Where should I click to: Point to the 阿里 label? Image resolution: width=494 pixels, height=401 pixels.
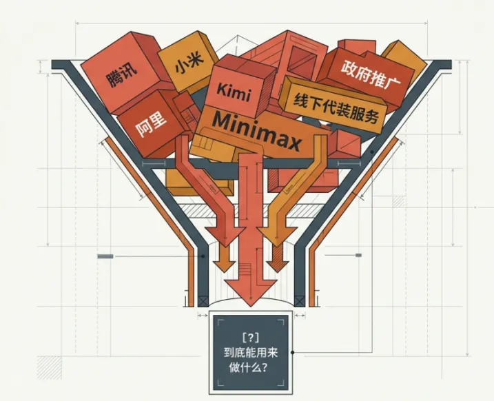(x=151, y=125)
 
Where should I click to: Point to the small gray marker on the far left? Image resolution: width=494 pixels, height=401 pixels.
(x=105, y=256)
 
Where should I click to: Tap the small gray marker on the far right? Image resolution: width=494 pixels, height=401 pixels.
(x=358, y=256)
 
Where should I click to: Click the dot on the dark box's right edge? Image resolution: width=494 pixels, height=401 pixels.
(x=293, y=353)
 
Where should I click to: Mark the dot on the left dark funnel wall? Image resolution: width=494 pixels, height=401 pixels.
(x=203, y=257)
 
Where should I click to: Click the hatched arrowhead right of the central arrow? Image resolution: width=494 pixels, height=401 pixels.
(x=278, y=265)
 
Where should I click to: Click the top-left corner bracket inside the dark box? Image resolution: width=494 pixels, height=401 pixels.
(x=220, y=321)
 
